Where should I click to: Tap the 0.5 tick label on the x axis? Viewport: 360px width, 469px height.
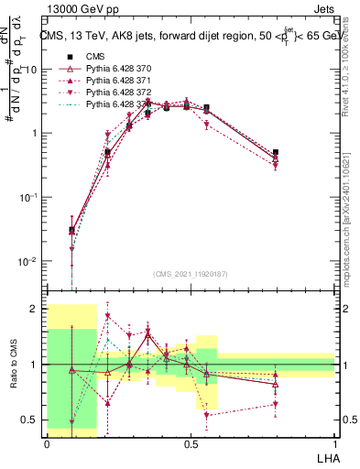point(191,443)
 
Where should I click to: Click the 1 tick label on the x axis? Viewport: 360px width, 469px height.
point(335,443)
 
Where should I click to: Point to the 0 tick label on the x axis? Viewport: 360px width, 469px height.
point(47,443)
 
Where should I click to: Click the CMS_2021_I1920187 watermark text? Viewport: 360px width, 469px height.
point(190,273)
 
